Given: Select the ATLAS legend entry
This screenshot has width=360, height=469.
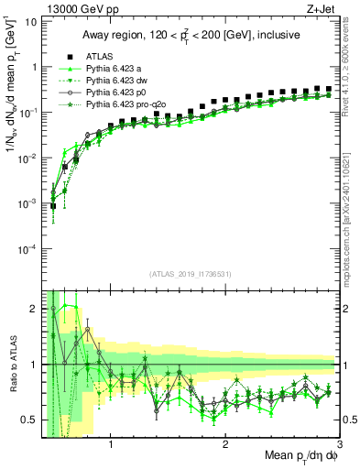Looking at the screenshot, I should [x=100, y=55].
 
